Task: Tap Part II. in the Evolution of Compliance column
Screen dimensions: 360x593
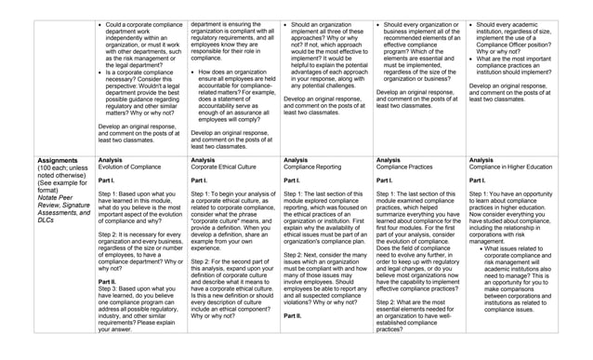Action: [107, 281]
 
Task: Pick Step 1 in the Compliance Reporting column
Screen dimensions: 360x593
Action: [296, 193]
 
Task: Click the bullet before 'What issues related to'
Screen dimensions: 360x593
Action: [477, 248]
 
